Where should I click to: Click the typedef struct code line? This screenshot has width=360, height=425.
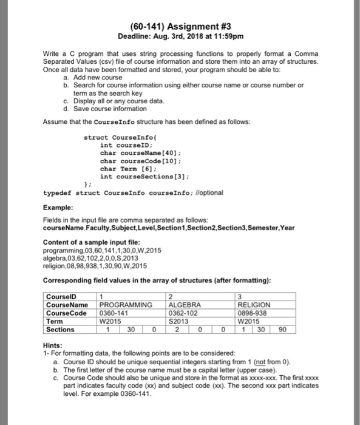point(134,192)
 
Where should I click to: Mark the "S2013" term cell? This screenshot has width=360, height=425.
point(179,322)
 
